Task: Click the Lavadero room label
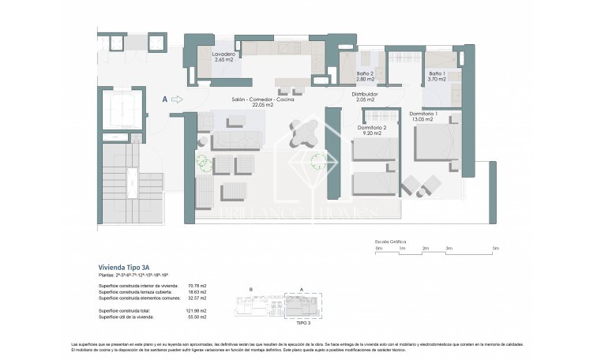click(223, 57)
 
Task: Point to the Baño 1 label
click(437, 76)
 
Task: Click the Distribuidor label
click(364, 97)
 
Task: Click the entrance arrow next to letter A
click(177, 99)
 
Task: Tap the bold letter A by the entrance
click(164, 99)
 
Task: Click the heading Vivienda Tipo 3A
click(122, 267)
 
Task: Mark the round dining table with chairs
click(302, 134)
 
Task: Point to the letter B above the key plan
click(250, 290)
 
